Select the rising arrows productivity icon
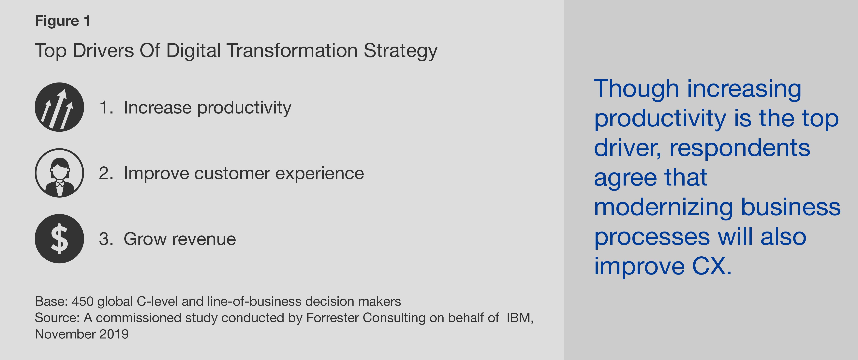click(59, 107)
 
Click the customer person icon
click(59, 173)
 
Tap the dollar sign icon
click(59, 238)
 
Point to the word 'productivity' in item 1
click(244, 108)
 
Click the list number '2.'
click(106, 173)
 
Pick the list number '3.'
click(106, 239)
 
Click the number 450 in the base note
click(83, 301)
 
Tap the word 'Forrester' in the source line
click(332, 318)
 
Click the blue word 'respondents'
click(740, 149)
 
